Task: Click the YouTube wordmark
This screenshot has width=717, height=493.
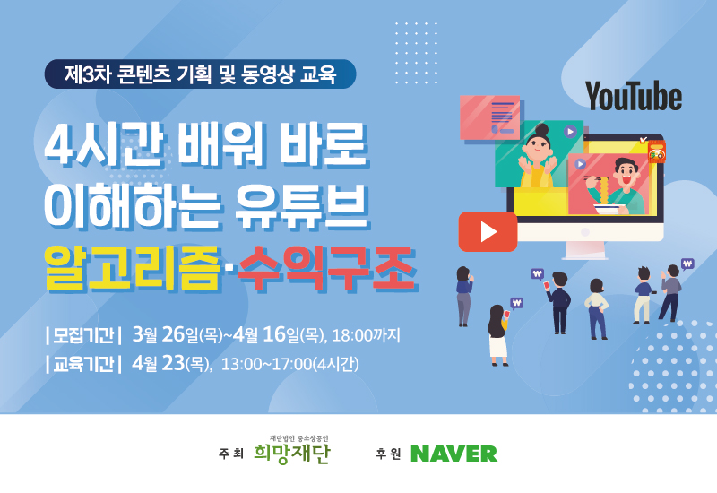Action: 634,96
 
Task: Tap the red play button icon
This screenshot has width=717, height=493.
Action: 488,231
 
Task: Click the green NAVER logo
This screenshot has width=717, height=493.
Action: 454,454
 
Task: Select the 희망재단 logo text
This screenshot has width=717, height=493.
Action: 292,454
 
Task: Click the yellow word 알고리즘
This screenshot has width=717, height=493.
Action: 133,268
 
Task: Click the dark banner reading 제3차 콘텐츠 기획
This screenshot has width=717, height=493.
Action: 200,74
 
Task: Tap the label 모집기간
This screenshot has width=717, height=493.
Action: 83,335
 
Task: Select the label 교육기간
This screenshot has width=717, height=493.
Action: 83,364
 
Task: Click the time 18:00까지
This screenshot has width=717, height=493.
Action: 366,335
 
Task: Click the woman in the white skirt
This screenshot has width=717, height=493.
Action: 497,334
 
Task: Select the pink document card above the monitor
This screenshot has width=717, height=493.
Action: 489,117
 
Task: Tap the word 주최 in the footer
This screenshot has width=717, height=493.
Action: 231,454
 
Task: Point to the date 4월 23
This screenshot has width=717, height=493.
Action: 159,364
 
